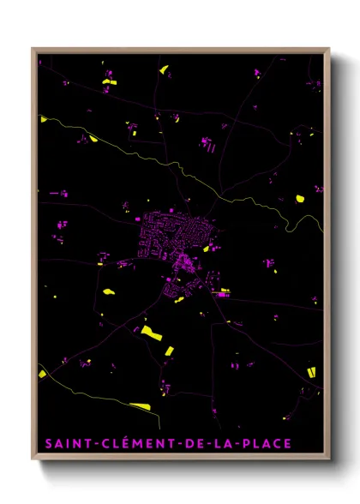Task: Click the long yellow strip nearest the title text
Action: [x=140, y=406]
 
